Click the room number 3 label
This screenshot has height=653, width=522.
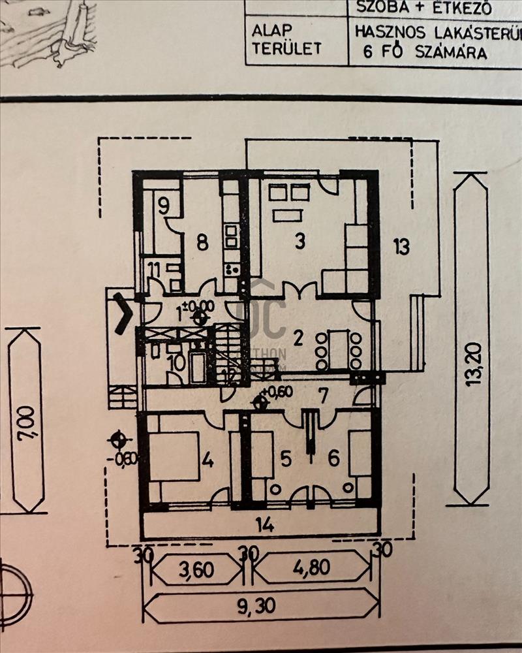click(x=299, y=242)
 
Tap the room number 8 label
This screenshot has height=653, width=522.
click(x=202, y=242)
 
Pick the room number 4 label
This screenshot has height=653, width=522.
click(x=207, y=460)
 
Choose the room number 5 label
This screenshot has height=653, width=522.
click(x=286, y=459)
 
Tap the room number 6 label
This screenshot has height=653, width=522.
click(x=333, y=459)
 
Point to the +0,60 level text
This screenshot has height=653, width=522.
click(x=278, y=392)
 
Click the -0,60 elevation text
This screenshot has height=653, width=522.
click(x=126, y=458)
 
